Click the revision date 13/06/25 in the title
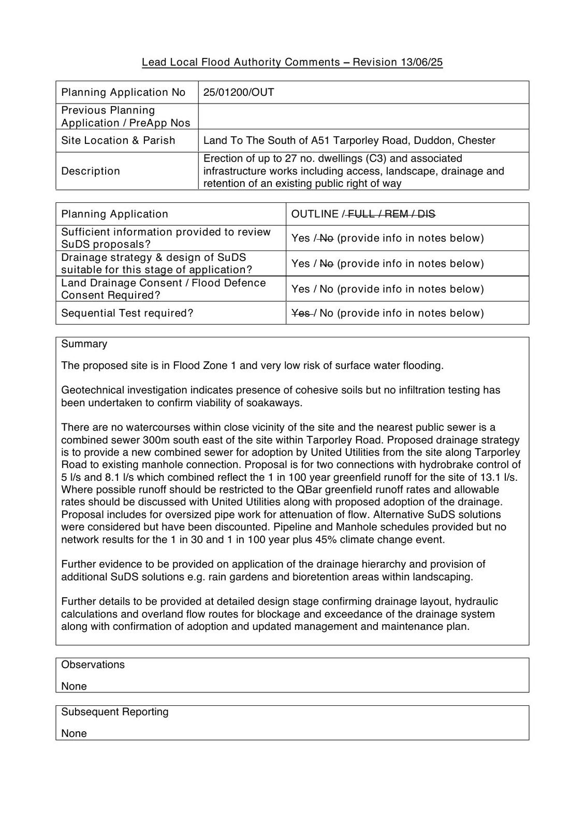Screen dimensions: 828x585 421,63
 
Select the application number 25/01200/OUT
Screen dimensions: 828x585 239,93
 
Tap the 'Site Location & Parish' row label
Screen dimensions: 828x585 118,141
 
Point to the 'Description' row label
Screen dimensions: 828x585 91,171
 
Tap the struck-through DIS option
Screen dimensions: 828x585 426,214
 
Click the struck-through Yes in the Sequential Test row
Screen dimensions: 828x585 301,313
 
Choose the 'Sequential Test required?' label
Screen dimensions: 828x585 127,313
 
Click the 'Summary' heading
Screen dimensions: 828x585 84,344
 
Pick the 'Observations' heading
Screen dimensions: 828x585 93,665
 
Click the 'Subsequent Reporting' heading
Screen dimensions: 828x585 115,712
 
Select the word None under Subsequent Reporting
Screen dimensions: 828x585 74,734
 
